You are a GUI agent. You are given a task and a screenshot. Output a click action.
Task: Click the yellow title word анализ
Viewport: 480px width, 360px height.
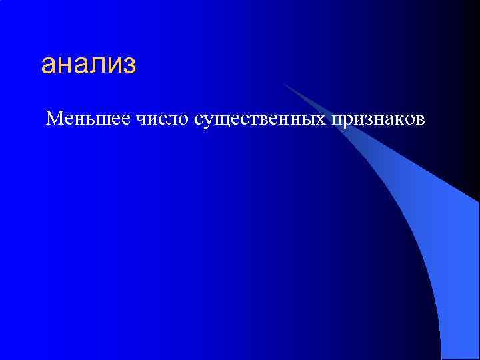pyautogui.click(x=88, y=65)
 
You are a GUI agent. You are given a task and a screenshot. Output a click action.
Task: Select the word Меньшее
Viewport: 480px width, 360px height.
pyautogui.click(x=89, y=119)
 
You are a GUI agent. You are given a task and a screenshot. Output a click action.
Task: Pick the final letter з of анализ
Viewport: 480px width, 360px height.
pyautogui.click(x=129, y=66)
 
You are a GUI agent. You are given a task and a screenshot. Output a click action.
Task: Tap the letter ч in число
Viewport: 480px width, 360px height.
pyautogui.click(x=142, y=120)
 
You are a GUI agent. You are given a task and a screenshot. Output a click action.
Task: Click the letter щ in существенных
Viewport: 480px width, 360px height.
pyautogui.click(x=224, y=121)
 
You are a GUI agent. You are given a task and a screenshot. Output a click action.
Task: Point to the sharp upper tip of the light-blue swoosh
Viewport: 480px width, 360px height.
pyautogui.click(x=283, y=83)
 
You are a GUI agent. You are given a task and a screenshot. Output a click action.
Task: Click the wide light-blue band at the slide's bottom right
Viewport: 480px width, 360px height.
pyautogui.click(x=460, y=280)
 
